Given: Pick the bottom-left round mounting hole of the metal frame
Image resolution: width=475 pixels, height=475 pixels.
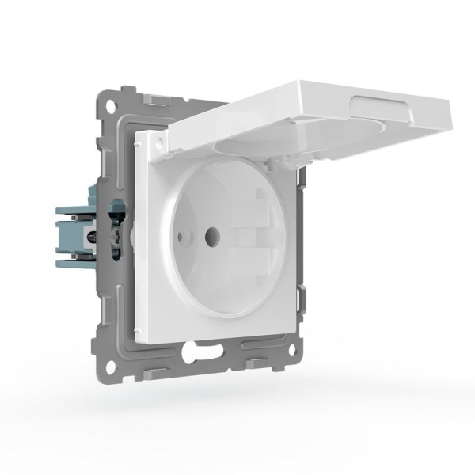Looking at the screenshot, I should click(110, 366).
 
